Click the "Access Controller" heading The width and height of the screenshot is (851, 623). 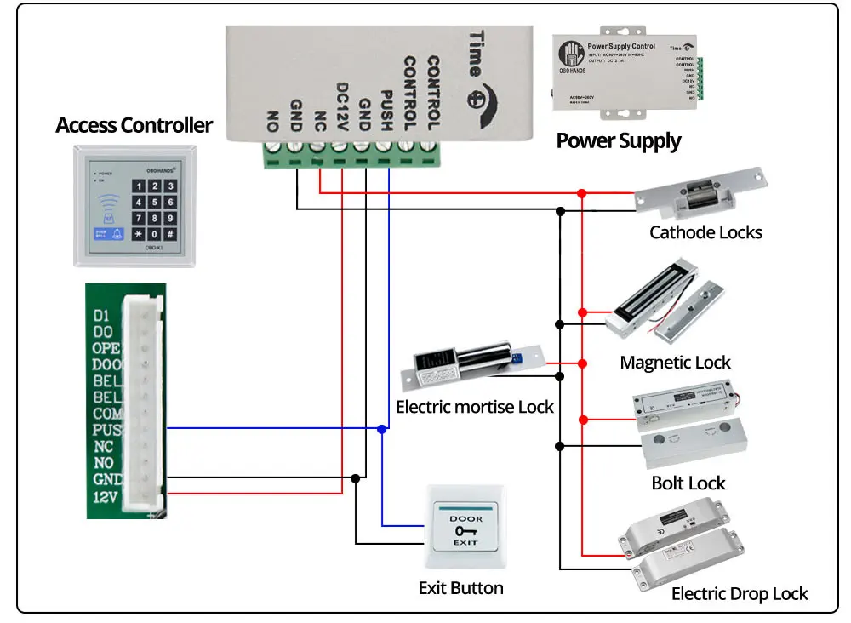click(134, 126)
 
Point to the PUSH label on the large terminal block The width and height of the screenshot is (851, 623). click(386, 108)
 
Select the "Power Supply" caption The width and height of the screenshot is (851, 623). click(619, 140)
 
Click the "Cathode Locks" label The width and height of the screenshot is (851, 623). click(705, 232)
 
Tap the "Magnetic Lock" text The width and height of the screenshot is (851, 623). click(675, 363)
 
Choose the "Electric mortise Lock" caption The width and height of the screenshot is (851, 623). click(475, 407)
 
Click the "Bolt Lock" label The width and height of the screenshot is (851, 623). click(688, 483)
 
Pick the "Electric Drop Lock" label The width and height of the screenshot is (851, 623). click(740, 594)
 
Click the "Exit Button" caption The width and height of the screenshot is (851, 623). click(460, 588)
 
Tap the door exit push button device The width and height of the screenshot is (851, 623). click(465, 528)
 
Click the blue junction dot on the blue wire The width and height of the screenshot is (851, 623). click(382, 430)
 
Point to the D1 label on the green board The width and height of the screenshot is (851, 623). click(102, 316)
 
